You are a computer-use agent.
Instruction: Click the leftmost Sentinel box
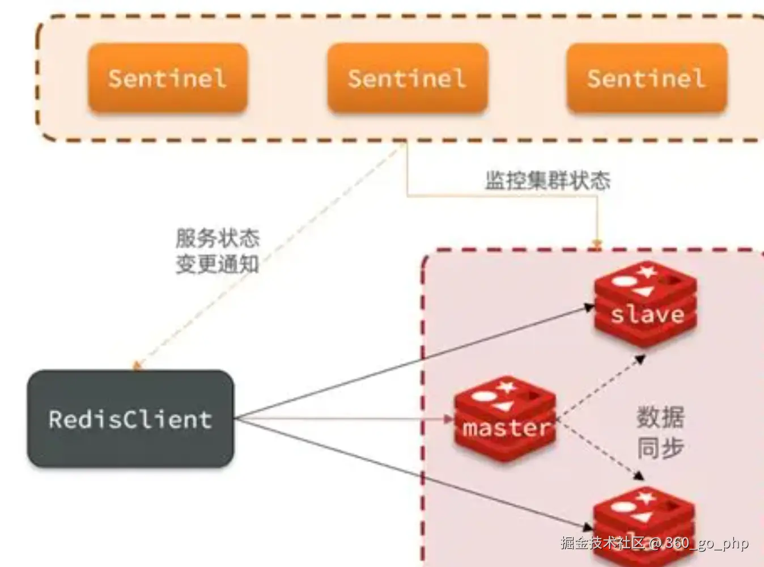tap(168, 78)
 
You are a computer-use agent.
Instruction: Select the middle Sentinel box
tap(408, 78)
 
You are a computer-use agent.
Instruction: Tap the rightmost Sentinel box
tap(647, 78)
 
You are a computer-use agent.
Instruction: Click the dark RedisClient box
tap(130, 419)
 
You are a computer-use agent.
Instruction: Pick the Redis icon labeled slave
tap(645, 303)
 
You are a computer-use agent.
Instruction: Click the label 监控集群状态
tap(547, 180)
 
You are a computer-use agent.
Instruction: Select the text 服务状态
tap(218, 238)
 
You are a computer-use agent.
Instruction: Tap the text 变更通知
tap(218, 264)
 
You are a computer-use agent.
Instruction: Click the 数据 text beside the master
tap(660, 417)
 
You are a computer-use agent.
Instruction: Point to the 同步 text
tap(660, 448)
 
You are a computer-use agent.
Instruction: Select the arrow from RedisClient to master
tap(340, 419)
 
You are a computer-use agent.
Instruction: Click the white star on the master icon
tap(506, 387)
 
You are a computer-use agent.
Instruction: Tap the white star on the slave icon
tap(646, 272)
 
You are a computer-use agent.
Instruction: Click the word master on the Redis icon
tap(506, 428)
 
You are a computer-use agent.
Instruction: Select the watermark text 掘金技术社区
tap(602, 543)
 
